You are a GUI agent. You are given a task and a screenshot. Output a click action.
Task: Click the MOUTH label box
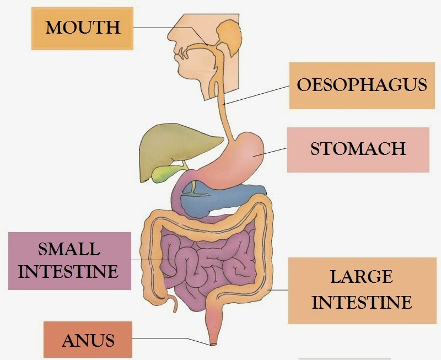(x=82, y=28)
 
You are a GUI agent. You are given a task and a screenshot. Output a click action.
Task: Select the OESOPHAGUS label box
(x=362, y=85)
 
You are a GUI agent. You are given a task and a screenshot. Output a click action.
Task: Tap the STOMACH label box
(x=358, y=149)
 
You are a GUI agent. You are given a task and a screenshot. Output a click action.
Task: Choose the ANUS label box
(x=89, y=340)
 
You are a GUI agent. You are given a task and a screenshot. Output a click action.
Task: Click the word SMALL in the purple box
(x=69, y=249)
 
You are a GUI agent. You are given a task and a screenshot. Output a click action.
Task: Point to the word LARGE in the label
(x=361, y=277)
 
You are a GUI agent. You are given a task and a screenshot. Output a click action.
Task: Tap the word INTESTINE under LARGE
(x=365, y=302)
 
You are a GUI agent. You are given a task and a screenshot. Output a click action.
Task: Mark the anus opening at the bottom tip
(x=213, y=344)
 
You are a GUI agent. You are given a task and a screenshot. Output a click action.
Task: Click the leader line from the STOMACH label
(x=270, y=151)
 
